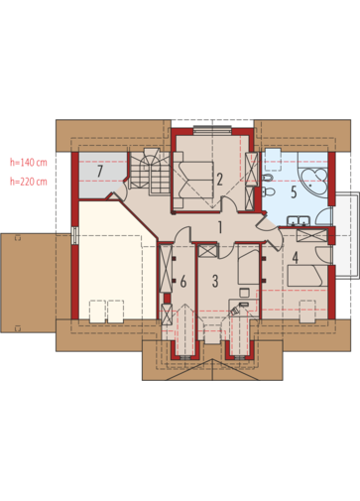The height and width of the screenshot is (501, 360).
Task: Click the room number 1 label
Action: (x=220, y=227)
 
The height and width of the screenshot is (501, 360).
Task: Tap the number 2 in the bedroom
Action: (x=220, y=179)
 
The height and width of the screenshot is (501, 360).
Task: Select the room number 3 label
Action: (x=215, y=281)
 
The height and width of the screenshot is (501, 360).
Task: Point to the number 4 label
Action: (x=296, y=258)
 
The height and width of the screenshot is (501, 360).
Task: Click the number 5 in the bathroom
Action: (x=294, y=192)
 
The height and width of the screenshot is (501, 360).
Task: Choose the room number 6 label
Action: (x=183, y=282)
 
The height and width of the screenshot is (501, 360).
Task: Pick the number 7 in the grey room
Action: (x=100, y=171)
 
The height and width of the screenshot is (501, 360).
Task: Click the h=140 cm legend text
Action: (x=29, y=163)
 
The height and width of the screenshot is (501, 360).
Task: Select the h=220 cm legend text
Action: (x=29, y=182)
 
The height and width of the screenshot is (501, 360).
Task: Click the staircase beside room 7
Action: (x=150, y=172)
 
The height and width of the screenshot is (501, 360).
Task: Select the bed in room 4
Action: (x=304, y=276)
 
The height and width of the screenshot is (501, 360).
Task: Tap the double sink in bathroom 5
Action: (x=299, y=221)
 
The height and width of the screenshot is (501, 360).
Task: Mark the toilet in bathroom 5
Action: (x=269, y=191)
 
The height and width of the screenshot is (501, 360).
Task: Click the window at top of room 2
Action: (x=212, y=130)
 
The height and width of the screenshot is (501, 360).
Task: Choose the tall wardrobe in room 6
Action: (x=166, y=268)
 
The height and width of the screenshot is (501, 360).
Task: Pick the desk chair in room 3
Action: (x=244, y=293)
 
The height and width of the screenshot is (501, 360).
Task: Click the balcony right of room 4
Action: (x=346, y=235)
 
